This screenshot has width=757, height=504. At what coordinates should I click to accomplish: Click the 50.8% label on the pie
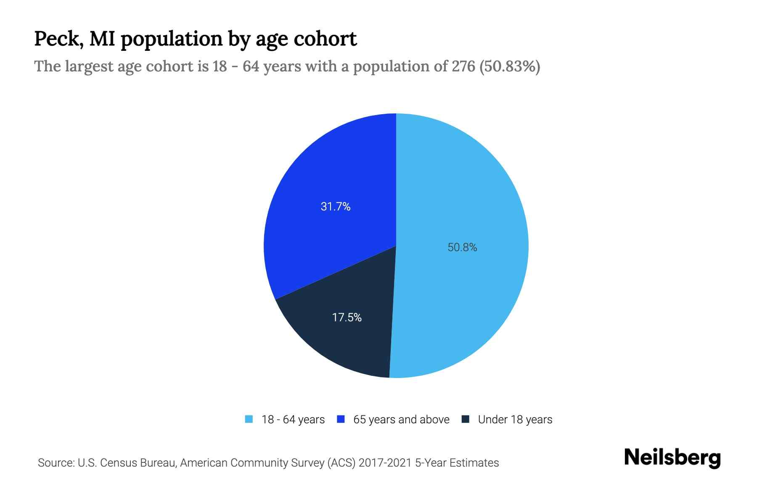click(x=462, y=247)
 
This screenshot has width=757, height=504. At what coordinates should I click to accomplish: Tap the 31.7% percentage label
click(x=335, y=206)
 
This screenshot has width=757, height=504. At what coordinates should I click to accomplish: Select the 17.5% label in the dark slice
click(x=347, y=317)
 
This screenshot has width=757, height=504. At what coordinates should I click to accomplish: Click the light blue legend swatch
click(x=249, y=419)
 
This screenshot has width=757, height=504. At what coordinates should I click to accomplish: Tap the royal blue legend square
click(x=341, y=419)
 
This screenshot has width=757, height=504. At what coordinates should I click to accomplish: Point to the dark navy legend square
click(x=465, y=419)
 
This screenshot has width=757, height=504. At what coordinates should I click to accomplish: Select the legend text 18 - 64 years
click(x=293, y=420)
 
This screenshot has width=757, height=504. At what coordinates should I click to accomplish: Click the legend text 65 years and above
click(x=401, y=420)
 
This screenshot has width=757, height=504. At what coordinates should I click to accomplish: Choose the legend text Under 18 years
click(x=515, y=420)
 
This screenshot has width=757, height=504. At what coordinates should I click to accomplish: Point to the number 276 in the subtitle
click(x=463, y=66)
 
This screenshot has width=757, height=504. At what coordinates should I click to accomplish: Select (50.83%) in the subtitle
click(x=510, y=66)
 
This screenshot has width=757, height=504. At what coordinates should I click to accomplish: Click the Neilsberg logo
click(x=672, y=458)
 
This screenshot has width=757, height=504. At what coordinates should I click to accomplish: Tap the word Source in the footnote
click(x=55, y=463)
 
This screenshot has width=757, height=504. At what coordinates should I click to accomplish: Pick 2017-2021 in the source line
click(x=385, y=463)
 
